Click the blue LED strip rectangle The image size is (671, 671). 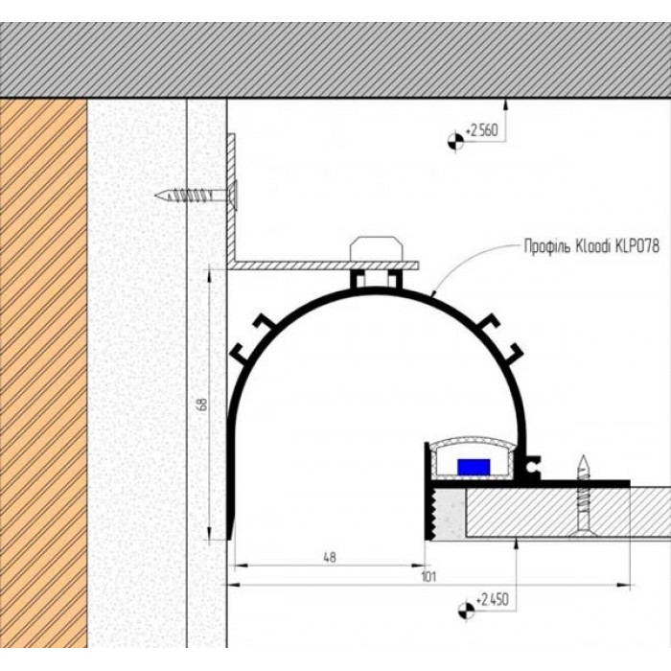point(474,467)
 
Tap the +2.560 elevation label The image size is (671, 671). point(481,130)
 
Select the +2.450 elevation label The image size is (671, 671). point(492,599)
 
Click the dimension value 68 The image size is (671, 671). point(203,405)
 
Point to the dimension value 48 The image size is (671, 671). point(329,558)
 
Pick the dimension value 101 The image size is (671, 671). point(428,577)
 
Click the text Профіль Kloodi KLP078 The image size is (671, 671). point(591,246)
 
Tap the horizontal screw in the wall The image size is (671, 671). point(197,196)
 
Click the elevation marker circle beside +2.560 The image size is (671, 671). point(455,141)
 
